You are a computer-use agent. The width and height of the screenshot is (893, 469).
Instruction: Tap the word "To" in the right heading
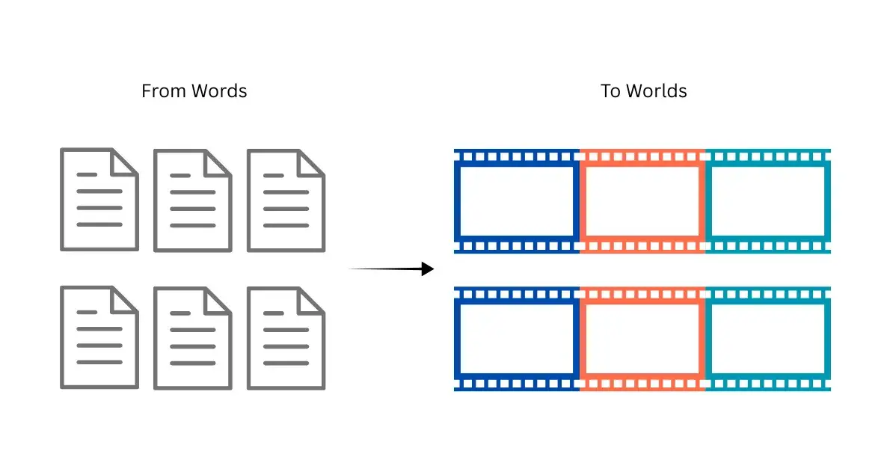point(610,91)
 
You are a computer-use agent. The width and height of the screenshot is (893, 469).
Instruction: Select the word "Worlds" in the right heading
point(657,91)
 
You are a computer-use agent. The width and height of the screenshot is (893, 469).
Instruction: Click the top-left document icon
point(99,200)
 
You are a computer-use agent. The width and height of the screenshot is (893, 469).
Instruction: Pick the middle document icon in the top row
point(192,200)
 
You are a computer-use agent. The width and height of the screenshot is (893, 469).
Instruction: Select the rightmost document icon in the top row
point(286,200)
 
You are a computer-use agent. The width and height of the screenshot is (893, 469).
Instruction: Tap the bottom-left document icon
point(99,337)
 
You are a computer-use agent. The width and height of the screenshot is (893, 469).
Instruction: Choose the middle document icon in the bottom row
point(192,337)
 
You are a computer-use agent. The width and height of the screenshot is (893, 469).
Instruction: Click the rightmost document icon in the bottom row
point(286,337)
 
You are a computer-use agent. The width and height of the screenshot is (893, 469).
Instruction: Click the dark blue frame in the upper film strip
point(516,200)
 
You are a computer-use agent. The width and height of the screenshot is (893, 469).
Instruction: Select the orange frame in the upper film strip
point(642,200)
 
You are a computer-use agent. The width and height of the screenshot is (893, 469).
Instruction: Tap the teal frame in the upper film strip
point(768,200)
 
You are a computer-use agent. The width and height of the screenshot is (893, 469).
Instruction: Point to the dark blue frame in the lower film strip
point(516,338)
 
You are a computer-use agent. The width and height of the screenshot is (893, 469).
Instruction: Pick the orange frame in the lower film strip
point(642,338)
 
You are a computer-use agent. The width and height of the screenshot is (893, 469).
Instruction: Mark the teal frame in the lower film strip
point(768,338)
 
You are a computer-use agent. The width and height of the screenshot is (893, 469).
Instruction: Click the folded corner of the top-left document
point(123,162)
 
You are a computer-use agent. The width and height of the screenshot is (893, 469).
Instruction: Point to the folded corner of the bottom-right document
point(310,300)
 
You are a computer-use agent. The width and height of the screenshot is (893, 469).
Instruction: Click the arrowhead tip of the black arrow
point(432,269)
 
